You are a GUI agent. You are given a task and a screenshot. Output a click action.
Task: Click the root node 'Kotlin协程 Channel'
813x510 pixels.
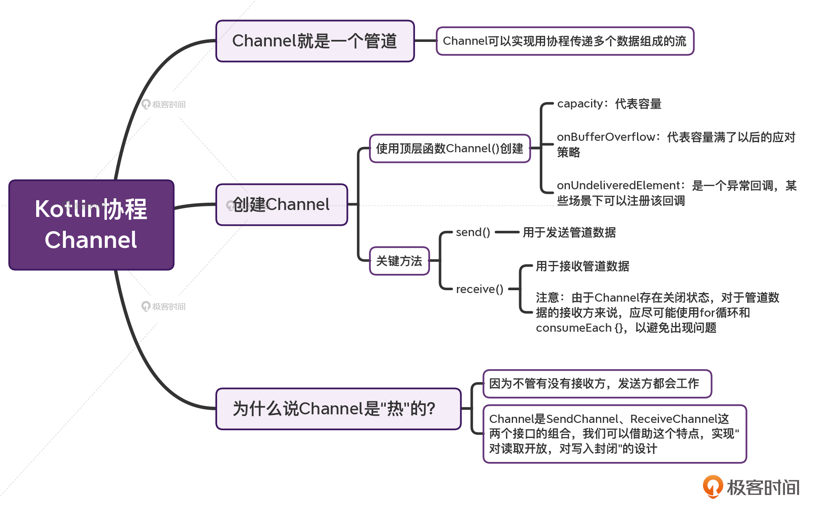tap(91, 225)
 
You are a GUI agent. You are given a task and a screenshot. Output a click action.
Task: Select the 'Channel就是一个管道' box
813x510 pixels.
tap(315, 41)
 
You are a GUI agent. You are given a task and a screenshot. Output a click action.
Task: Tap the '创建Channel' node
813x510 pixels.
tap(282, 204)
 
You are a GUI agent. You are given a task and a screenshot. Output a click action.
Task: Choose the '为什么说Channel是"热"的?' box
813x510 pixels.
tap(338, 409)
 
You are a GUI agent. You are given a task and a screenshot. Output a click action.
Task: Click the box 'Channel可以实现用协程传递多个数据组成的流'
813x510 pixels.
tap(565, 41)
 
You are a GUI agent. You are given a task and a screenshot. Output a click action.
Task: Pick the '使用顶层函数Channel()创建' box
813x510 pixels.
tap(450, 149)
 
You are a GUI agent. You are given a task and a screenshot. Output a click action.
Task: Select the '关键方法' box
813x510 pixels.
tap(399, 261)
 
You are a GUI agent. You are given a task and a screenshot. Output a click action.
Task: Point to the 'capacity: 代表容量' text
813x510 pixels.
tap(609, 104)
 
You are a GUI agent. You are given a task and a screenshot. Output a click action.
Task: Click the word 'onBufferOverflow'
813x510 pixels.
tap(606, 137)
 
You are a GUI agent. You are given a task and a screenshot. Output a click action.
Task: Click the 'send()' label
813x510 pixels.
tap(473, 232)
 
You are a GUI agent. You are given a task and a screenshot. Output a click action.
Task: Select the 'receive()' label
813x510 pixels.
tap(479, 289)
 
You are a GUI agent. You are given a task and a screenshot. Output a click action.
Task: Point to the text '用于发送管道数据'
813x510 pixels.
tap(569, 232)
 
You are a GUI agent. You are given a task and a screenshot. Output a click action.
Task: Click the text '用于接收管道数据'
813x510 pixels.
tap(582, 266)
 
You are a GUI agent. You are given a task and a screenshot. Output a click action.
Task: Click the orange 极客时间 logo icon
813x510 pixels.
tap(713, 486)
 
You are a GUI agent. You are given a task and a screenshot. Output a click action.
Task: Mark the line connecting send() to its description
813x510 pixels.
tap(507, 232)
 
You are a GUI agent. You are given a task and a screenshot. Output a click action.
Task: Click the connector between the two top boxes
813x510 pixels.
tap(425, 41)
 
